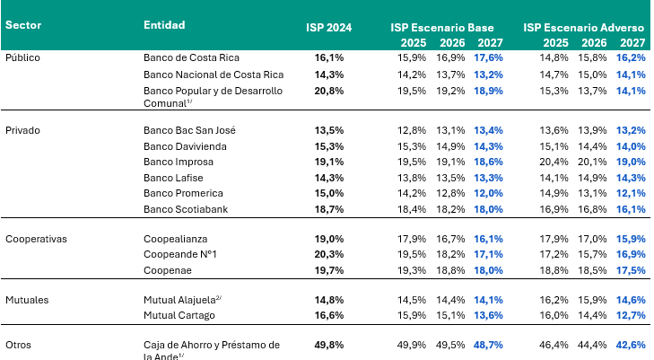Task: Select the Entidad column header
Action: click(x=165, y=25)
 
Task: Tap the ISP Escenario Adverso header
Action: click(x=585, y=27)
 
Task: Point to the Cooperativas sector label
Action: click(x=37, y=240)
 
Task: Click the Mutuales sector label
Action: click(x=28, y=299)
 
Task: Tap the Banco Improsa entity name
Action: click(x=179, y=162)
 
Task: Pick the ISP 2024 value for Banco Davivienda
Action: click(x=329, y=146)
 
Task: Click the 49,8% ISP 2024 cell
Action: click(x=329, y=345)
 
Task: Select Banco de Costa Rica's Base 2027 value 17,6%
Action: click(x=489, y=57)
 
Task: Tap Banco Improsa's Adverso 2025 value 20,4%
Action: click(x=555, y=162)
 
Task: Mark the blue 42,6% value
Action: click(x=632, y=345)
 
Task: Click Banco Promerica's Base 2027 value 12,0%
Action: click(x=489, y=193)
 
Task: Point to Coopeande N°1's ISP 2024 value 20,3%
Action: click(x=329, y=255)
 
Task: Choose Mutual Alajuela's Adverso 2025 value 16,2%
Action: click(x=555, y=299)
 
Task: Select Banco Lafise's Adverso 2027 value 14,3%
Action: click(x=632, y=178)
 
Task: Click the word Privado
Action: click(x=23, y=130)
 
